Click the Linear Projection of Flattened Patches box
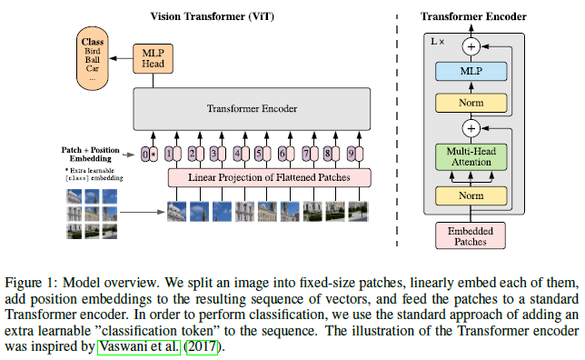[x=270, y=177]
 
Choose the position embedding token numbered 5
[x=260, y=154]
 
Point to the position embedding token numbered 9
[x=352, y=154]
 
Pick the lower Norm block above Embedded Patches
[x=471, y=195]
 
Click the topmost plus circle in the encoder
[x=471, y=46]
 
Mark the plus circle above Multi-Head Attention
[x=471, y=128]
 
